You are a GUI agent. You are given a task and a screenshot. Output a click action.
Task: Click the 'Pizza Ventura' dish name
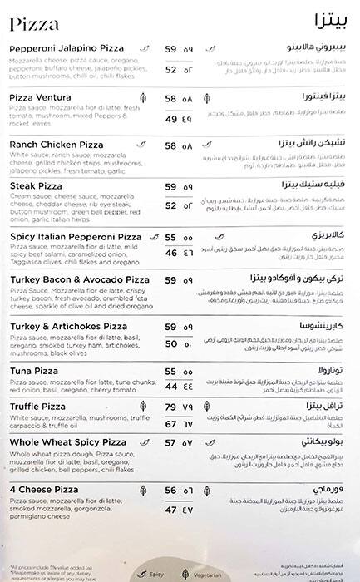(x=42, y=97)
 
